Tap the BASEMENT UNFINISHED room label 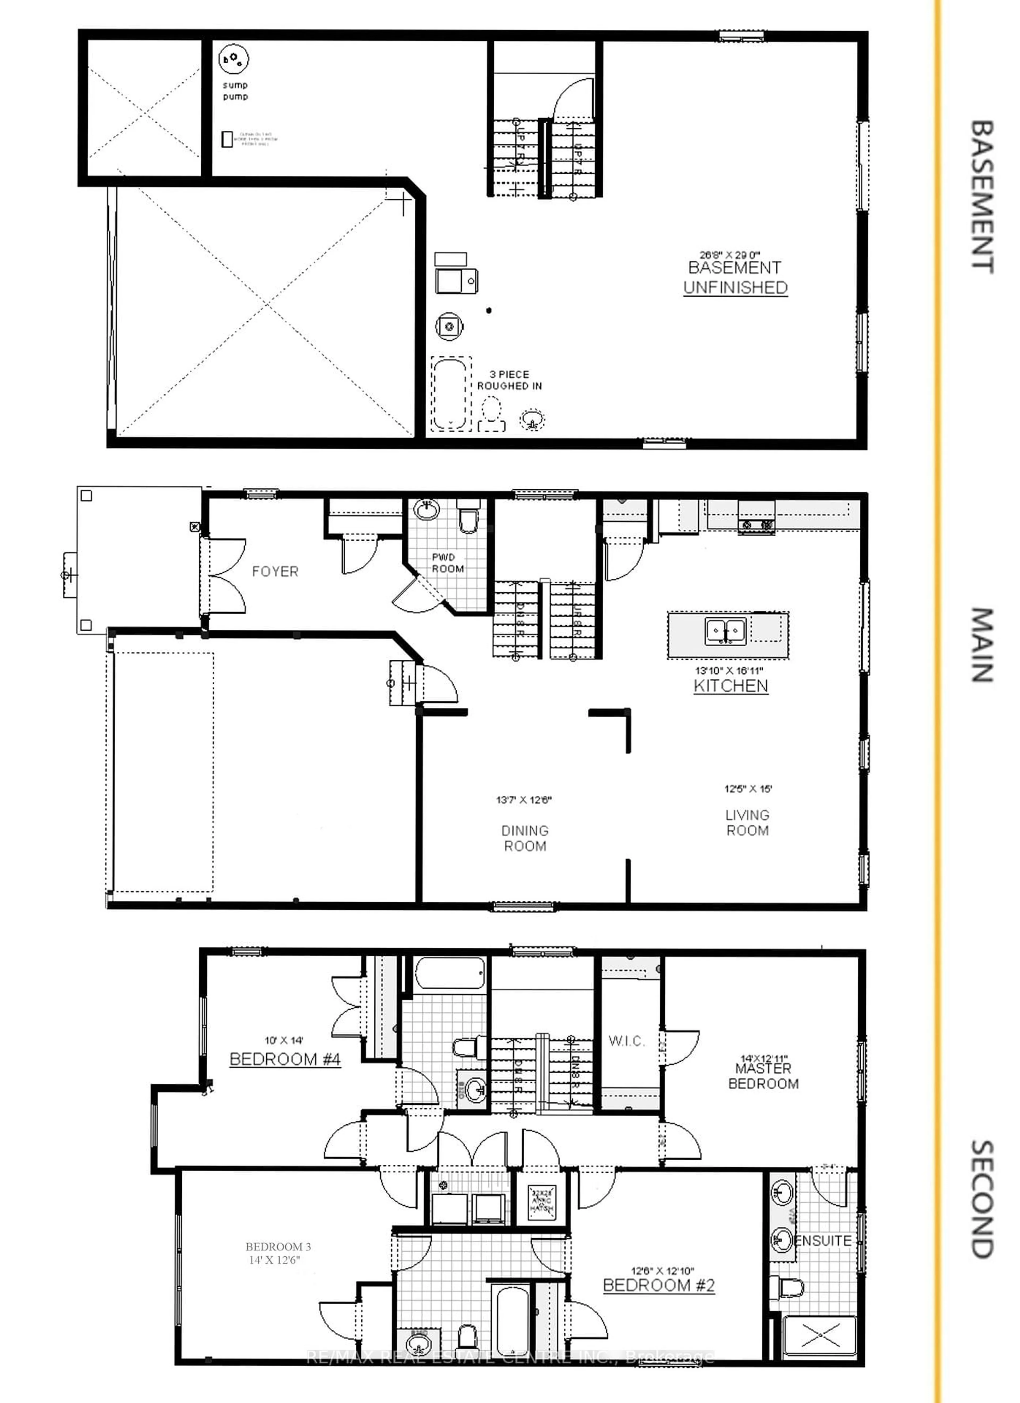point(735,278)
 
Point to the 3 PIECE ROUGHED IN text point(509,380)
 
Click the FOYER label point(275,572)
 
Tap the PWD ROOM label point(447,563)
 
